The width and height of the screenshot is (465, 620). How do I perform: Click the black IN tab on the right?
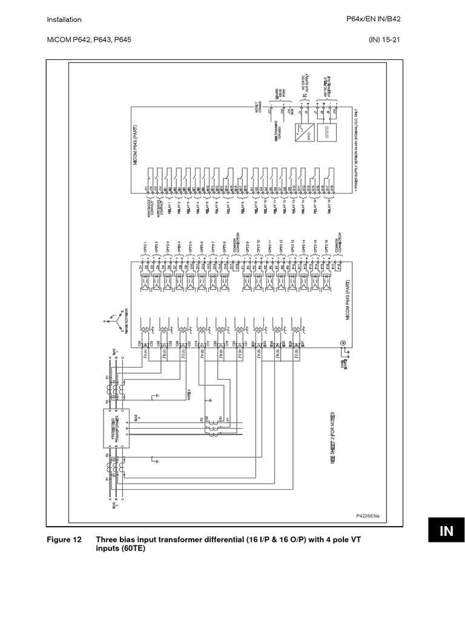coord(446,531)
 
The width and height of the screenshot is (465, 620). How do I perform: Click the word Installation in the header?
coord(64,20)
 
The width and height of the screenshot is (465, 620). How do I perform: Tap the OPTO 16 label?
coord(325,247)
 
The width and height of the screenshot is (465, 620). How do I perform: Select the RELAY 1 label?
coord(169,207)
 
